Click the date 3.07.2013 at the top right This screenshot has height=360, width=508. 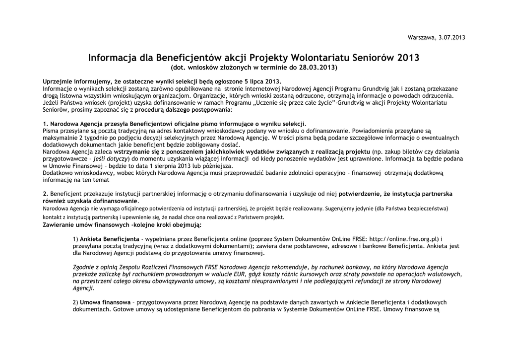click(x=452, y=38)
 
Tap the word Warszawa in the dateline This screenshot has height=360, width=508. click(x=422, y=38)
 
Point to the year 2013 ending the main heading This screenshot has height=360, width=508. click(x=408, y=58)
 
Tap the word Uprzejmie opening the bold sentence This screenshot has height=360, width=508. click(x=59, y=81)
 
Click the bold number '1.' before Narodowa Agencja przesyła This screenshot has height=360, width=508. click(x=46, y=124)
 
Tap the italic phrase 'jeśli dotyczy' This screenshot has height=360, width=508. click(x=109, y=158)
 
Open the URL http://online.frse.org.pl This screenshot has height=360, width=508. click(x=403, y=239)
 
